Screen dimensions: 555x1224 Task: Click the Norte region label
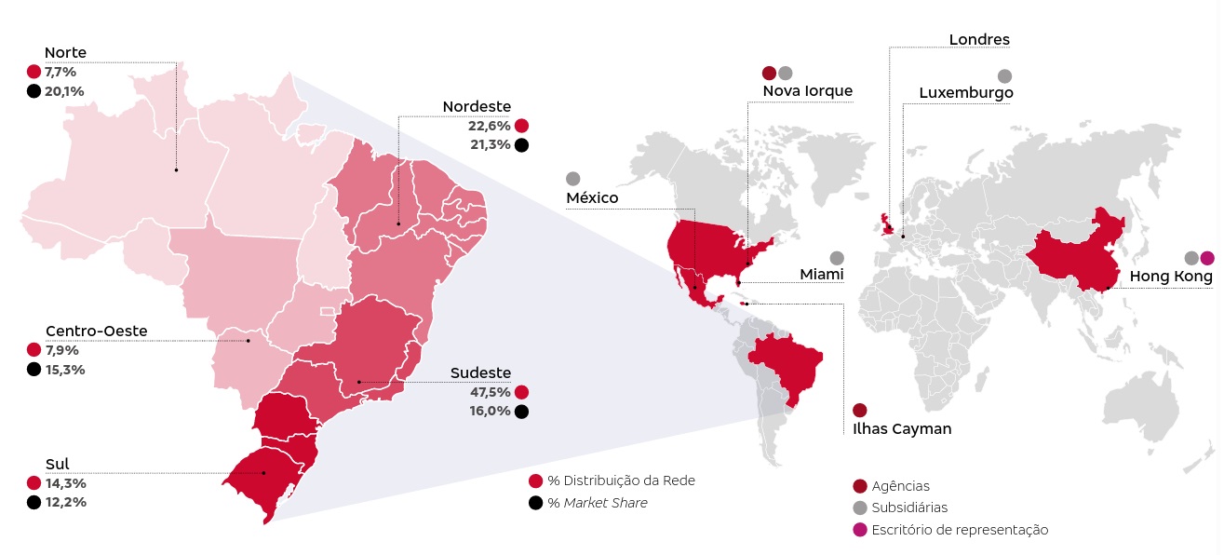pyautogui.click(x=65, y=53)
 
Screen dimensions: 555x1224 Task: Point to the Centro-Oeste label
pyautogui.click(x=96, y=331)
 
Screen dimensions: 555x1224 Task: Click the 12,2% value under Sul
pyautogui.click(x=66, y=502)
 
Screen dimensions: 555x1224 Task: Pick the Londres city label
pyautogui.click(x=979, y=39)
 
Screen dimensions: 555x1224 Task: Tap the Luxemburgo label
pyautogui.click(x=965, y=93)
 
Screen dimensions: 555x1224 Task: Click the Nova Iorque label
pyautogui.click(x=807, y=90)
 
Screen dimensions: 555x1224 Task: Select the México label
pyautogui.click(x=592, y=197)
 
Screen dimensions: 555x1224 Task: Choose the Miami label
pyautogui.click(x=821, y=275)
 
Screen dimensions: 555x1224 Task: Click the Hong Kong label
pyautogui.click(x=1171, y=277)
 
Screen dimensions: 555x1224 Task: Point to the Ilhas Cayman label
pyautogui.click(x=902, y=429)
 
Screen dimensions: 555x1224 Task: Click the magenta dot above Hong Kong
pyautogui.click(x=1207, y=258)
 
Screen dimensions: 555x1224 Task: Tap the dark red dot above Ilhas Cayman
pyautogui.click(x=859, y=410)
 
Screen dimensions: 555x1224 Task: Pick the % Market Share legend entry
pyautogui.click(x=598, y=503)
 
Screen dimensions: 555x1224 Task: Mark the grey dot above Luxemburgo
pyautogui.click(x=1004, y=76)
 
